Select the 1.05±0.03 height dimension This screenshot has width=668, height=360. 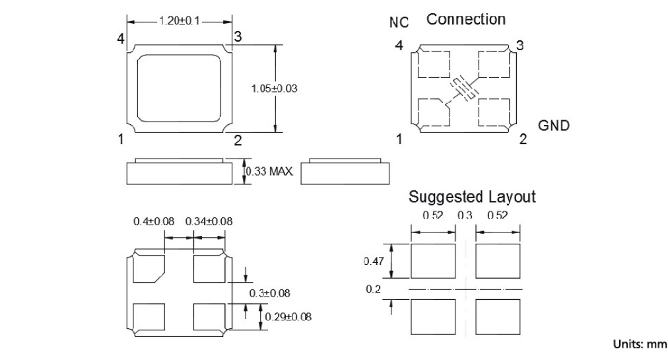(271, 89)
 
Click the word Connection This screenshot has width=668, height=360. (466, 19)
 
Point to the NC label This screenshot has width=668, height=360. (399, 22)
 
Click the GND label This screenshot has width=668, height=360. (554, 126)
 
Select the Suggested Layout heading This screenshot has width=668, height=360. (472, 196)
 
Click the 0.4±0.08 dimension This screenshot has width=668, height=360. (154, 221)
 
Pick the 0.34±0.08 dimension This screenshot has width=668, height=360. (209, 221)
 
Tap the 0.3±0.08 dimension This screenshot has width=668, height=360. (270, 293)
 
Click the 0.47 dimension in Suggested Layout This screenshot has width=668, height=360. (374, 262)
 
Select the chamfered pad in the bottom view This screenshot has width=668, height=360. (148, 269)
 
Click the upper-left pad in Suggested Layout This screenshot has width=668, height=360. (433, 261)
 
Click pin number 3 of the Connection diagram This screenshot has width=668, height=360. (520, 46)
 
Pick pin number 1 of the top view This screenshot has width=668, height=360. (121, 139)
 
